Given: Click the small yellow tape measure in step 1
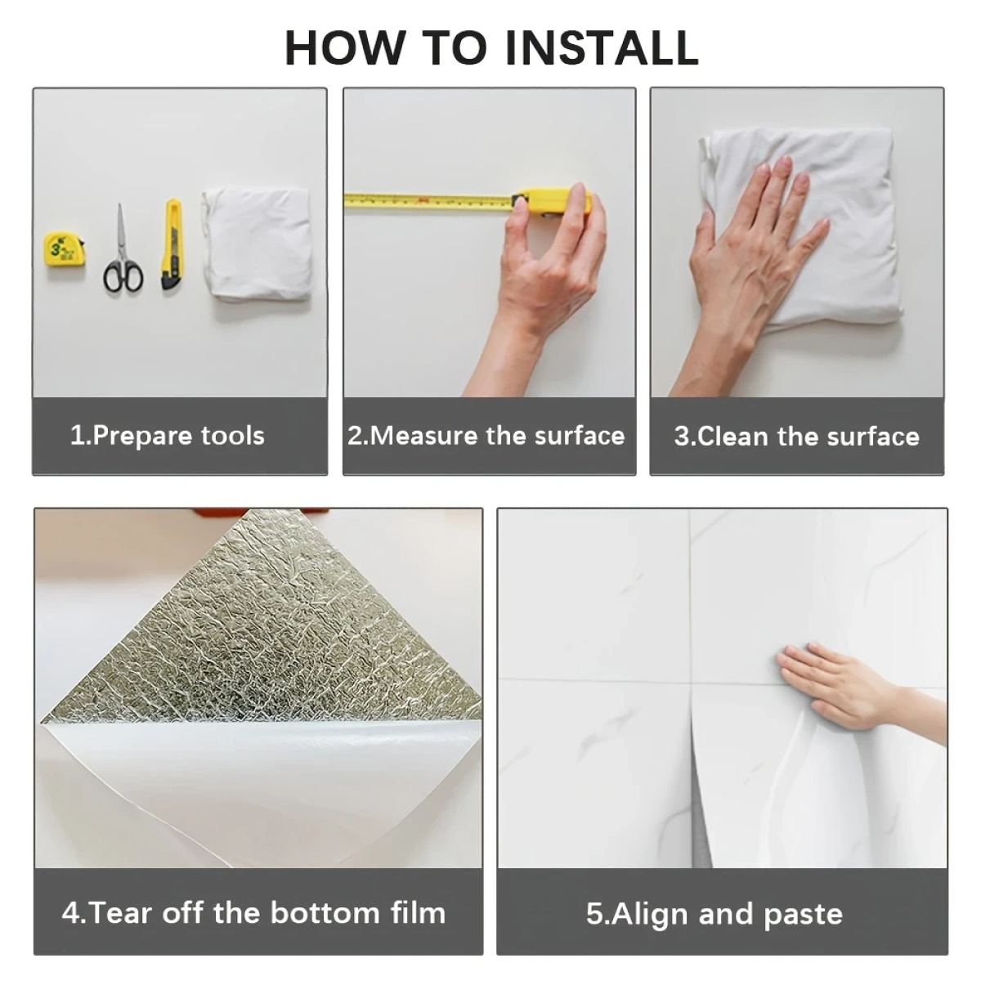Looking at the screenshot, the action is [64, 249].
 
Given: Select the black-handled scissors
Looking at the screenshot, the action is [122, 249].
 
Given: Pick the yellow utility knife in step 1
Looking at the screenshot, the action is [172, 244].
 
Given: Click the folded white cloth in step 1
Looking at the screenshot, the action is [256, 244].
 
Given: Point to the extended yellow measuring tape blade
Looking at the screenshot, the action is [428, 200].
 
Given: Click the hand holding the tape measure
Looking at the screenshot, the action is [544, 285].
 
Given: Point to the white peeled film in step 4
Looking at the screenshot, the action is [254, 784].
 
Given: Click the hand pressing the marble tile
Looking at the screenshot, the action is [845, 688].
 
